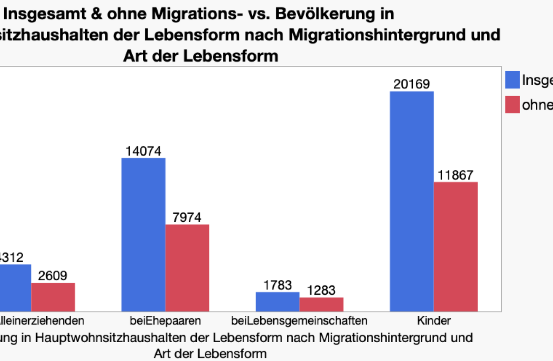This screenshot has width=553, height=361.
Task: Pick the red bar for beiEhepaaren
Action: click(187, 268)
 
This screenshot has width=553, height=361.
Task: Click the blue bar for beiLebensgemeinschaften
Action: click(278, 302)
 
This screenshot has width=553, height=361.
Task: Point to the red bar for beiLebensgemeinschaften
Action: click(321, 304)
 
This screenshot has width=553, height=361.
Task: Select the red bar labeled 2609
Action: click(53, 297)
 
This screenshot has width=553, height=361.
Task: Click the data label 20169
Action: click(411, 84)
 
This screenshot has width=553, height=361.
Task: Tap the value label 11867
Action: click(455, 175)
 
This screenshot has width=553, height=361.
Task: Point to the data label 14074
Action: click(143, 151)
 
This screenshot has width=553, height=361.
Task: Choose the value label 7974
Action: click(187, 217)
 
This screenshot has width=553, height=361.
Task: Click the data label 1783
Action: click(278, 285)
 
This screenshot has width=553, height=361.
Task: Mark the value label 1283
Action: click(321, 290)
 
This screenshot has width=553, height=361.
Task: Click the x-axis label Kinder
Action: click(434, 321)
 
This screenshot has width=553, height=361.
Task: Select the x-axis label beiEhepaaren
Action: click(165, 321)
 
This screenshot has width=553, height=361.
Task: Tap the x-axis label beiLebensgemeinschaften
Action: click(299, 321)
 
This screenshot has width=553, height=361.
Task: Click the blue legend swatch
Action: click(512, 80)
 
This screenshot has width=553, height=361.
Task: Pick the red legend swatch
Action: click(512, 105)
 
